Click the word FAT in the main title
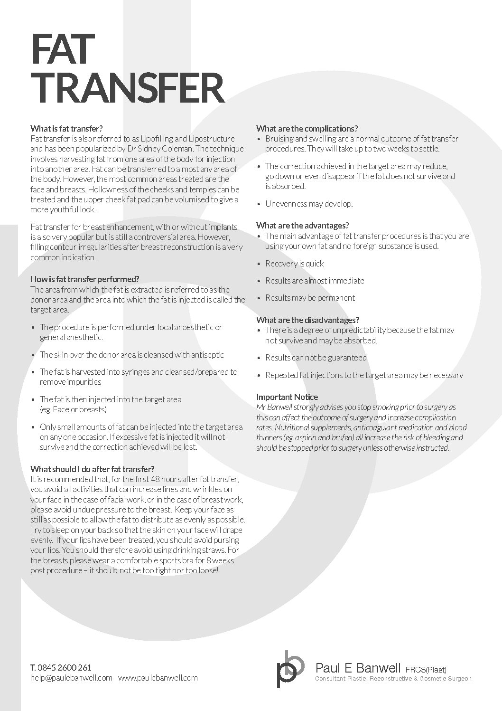(60, 49)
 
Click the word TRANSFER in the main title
(127, 88)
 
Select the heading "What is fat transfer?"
(66, 128)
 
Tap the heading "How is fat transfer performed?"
(84, 279)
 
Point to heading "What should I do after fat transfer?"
(92, 469)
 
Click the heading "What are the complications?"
(307, 128)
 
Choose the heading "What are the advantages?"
(302, 226)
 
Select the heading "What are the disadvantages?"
(307, 320)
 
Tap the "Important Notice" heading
(287, 397)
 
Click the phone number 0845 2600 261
(65, 667)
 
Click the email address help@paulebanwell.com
(71, 678)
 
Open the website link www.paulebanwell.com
(158, 678)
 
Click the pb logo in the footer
(290, 668)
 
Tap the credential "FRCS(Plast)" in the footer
(426, 670)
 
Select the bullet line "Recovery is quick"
(294, 264)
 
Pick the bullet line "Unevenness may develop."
(308, 204)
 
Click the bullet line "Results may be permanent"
(310, 298)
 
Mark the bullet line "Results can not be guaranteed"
(316, 358)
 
